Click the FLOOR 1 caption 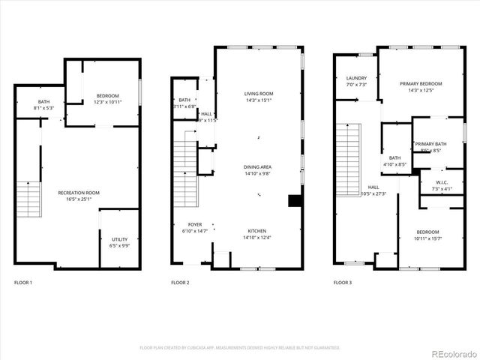pos(23,283)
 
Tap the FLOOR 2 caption pos(180,283)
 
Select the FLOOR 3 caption pos(342,283)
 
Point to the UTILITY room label pos(120,238)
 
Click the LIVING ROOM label pos(259,94)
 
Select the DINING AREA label pos(259,166)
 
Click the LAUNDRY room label pos(356,78)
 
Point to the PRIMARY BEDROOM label pos(421,84)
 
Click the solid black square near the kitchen pos(295,200)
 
